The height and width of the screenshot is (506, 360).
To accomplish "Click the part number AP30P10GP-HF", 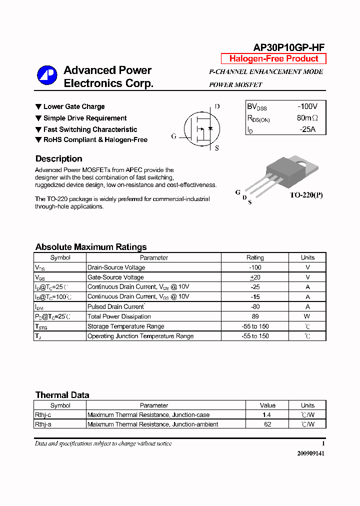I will coord(289,47).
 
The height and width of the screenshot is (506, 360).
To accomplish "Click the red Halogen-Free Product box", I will coord(273,58).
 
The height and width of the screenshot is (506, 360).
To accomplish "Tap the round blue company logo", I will coord(47,75).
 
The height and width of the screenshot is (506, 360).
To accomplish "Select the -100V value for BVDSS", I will coord(307,107).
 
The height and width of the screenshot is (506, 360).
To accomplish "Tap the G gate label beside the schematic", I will coord(174,136).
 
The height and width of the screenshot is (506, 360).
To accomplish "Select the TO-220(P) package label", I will coord(306,195).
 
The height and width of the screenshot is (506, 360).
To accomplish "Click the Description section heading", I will coord(58,159).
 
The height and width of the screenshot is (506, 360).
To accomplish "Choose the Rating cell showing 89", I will coord(255,316).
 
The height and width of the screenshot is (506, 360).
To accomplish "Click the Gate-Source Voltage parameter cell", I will coord(115,277).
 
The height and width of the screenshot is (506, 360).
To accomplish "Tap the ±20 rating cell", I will coord(255,277).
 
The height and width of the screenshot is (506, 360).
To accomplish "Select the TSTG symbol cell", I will coord(42,326).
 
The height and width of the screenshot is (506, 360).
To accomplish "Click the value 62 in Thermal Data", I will coord(267,424).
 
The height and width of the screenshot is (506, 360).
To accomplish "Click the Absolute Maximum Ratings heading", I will coord(91,247).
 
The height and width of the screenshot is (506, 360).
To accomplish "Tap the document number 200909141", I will coord(310,453).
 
